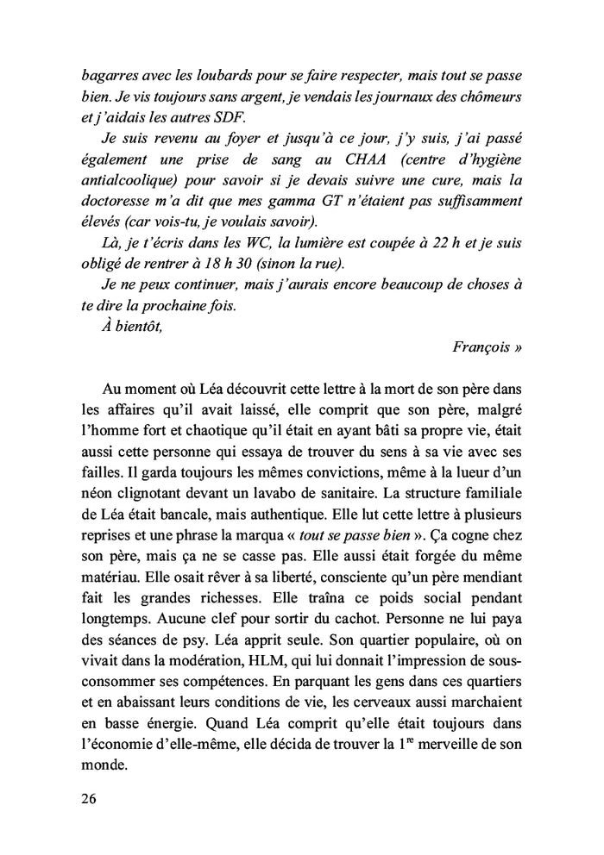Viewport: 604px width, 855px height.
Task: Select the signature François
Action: (487, 347)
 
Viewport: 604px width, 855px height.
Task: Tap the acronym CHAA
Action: (366, 160)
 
